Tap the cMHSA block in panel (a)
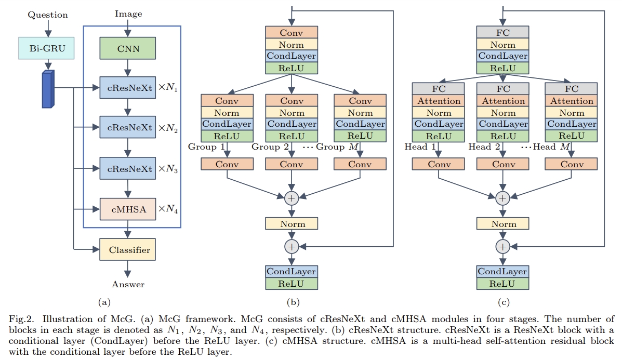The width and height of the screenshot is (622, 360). click(x=127, y=209)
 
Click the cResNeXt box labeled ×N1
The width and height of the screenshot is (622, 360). click(x=127, y=88)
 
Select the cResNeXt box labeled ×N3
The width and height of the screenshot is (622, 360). click(x=127, y=169)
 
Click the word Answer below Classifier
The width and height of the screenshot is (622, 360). click(x=128, y=284)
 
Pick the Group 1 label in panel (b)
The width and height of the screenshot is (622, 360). click(x=206, y=147)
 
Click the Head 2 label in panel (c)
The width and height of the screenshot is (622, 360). click(x=484, y=147)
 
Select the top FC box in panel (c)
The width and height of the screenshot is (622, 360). click(x=502, y=32)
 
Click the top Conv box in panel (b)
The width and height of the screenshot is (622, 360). click(x=291, y=32)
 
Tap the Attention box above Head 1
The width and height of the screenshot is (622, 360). click(x=439, y=101)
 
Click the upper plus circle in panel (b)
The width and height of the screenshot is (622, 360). click(x=292, y=197)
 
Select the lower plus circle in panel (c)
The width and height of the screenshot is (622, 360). click(x=502, y=246)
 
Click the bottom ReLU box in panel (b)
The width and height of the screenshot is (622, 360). click(x=291, y=284)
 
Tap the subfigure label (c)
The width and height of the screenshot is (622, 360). click(x=502, y=301)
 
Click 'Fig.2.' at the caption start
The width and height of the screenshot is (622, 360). click(x=19, y=319)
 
